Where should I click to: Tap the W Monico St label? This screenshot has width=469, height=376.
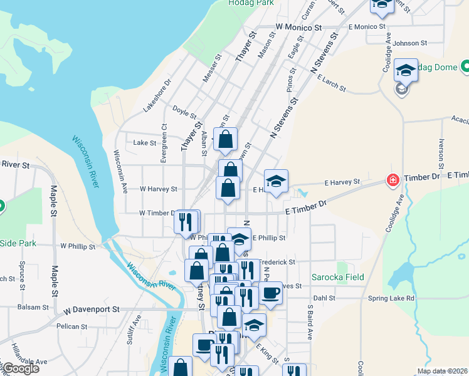coord(298,28)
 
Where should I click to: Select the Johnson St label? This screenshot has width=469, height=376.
coord(411,43)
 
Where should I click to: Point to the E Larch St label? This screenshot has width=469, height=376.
coord(332,83)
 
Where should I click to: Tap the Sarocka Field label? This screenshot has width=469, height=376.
coord(338,276)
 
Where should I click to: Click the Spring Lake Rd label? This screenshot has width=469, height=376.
coord(392,298)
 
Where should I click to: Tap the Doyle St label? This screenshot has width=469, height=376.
coord(184,112)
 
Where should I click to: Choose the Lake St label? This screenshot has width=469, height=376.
coord(145,143)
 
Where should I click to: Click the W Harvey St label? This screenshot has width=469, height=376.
coord(158,188)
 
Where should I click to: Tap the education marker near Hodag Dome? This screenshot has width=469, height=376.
coord(406,71)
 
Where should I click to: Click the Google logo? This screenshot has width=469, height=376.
coord(20,368)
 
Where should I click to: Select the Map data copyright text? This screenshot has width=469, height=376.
coord(442,371)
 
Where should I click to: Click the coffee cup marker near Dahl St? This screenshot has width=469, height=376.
coord(271,293)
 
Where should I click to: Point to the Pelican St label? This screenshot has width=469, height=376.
coord(71,326)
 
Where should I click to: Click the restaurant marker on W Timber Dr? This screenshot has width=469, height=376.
coord(186,222)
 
